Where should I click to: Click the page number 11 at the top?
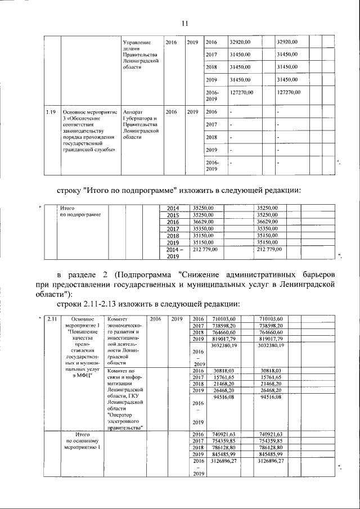pyautogui.click(x=184, y=23)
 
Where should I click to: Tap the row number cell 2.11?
pyautogui.click(x=52, y=319)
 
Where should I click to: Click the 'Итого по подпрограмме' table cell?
pyautogui.click(x=80, y=211)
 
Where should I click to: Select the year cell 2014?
pyautogui.click(x=173, y=208)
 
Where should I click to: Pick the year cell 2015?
pyautogui.click(x=173, y=215)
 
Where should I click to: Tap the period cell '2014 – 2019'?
pyautogui.click(x=172, y=252)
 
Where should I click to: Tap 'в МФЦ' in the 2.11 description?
pyautogui.click(x=82, y=376)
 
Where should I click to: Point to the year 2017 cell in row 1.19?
pyautogui.click(x=211, y=124)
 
